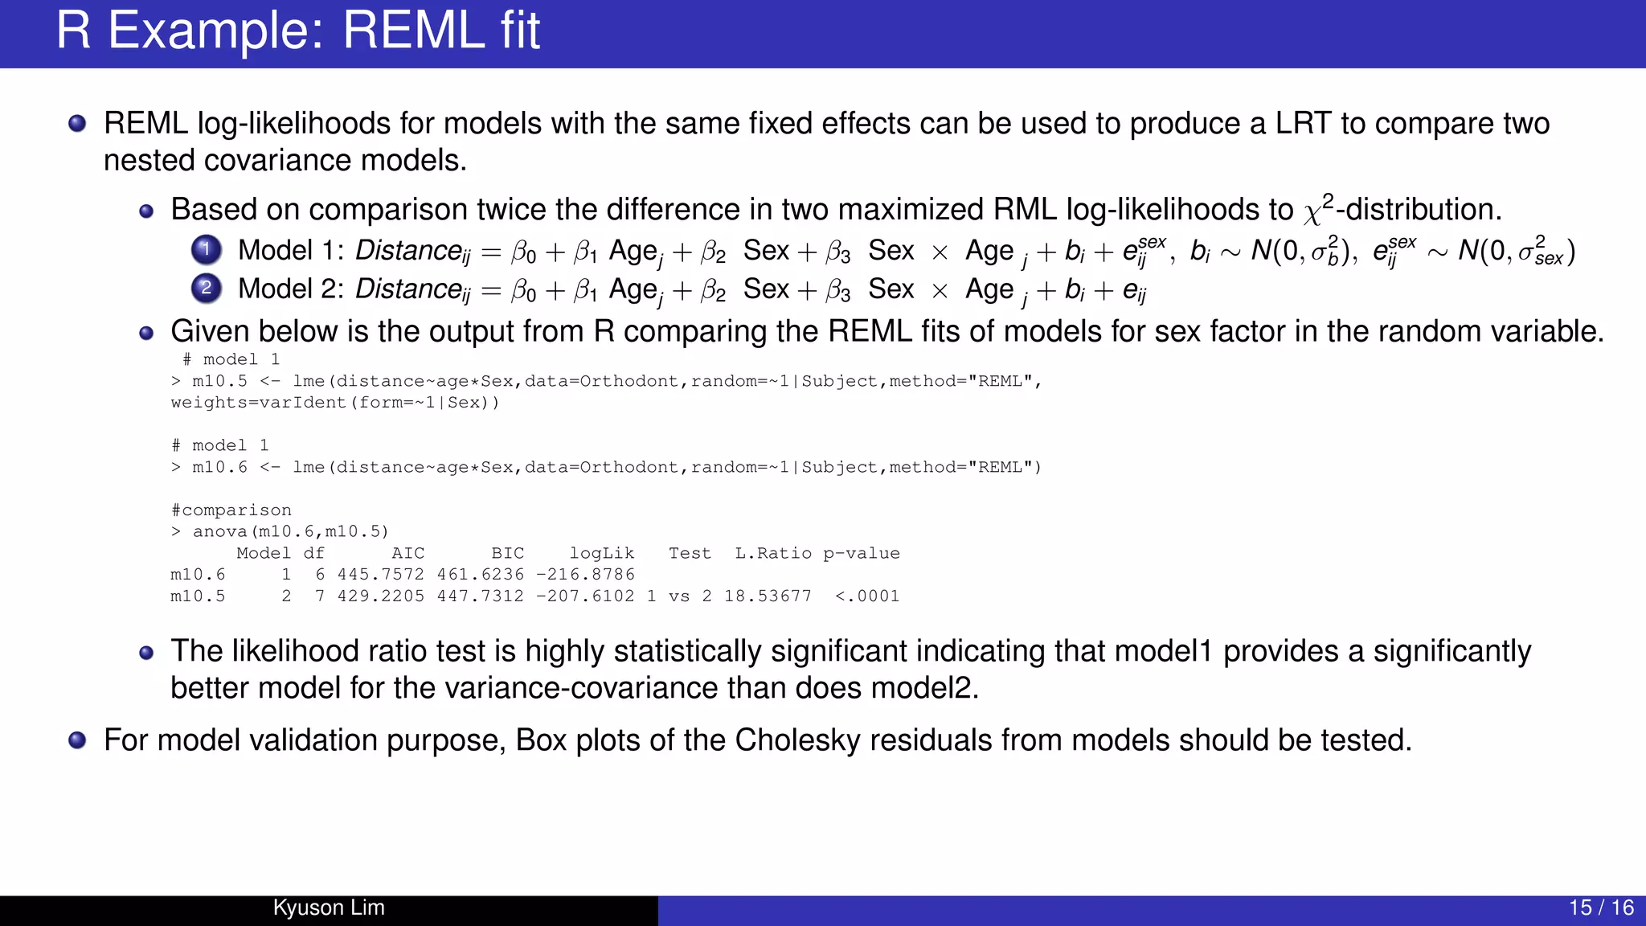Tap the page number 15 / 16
(1601, 908)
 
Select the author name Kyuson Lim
(329, 908)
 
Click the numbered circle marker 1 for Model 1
(207, 250)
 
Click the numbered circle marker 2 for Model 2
(207, 288)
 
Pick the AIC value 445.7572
(380, 575)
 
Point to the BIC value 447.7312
(480, 596)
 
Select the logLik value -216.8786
(585, 575)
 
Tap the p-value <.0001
(867, 596)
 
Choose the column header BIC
(507, 553)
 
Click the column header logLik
(602, 553)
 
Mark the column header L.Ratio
(773, 553)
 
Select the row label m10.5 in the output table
(198, 596)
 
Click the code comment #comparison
(231, 510)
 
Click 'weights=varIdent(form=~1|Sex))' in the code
(335, 403)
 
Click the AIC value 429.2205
(380, 596)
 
